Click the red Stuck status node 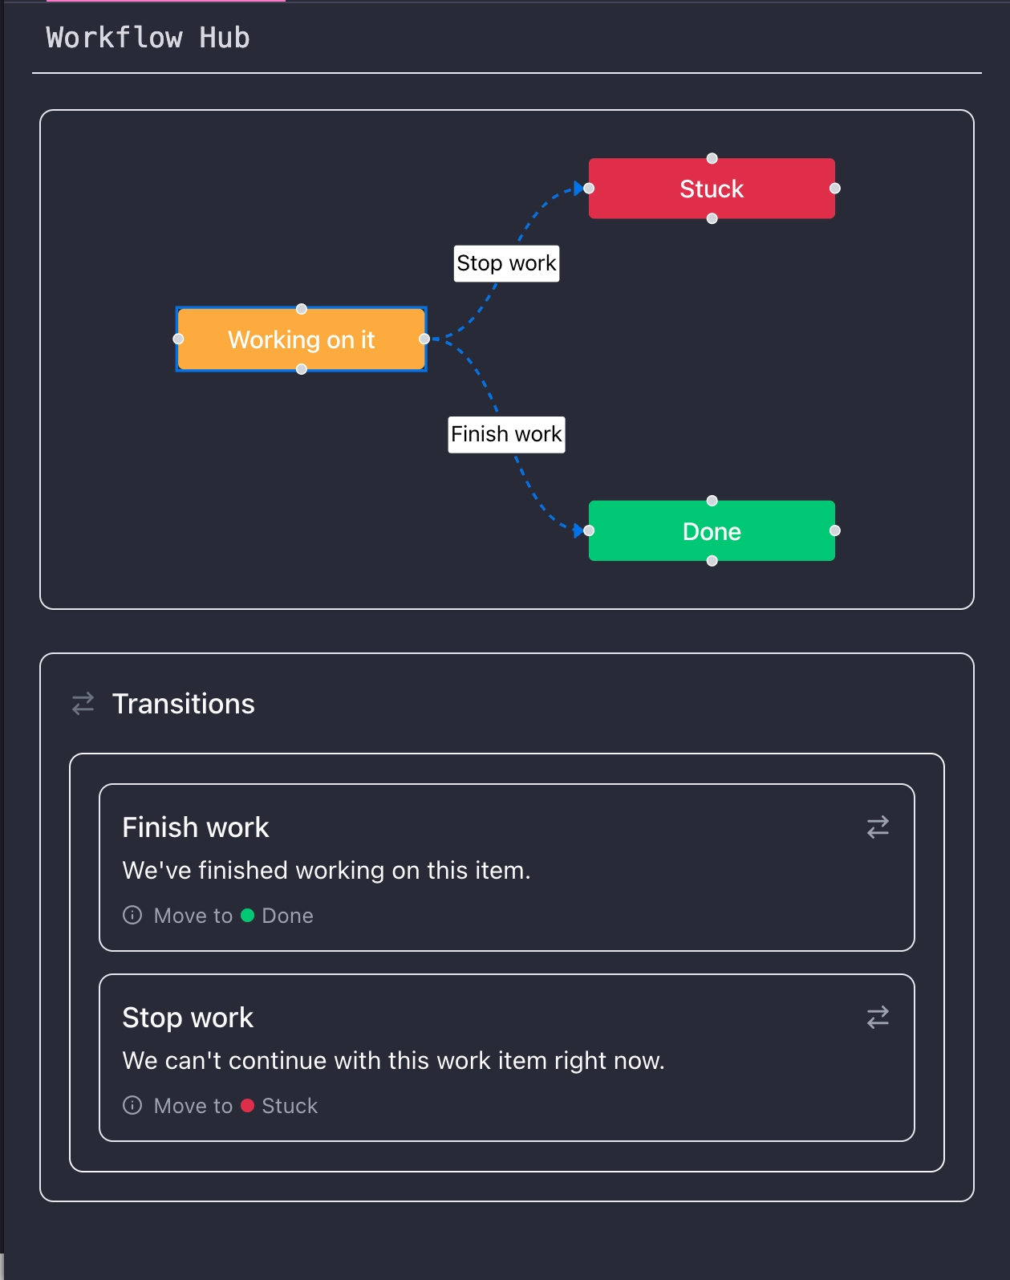tap(712, 189)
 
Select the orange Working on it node tap(301, 339)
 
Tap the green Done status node tap(712, 531)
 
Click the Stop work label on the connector tap(506, 263)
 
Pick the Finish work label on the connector tap(506, 434)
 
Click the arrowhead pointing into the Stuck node tap(578, 189)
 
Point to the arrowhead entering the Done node tap(578, 530)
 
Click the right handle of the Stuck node tap(835, 188)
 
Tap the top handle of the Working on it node tap(302, 309)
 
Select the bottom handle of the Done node tap(712, 561)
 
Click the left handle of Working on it tap(178, 339)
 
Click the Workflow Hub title tap(148, 38)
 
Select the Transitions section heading tap(184, 704)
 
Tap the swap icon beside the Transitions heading tap(83, 704)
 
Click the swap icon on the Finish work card tap(878, 827)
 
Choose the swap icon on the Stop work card tap(878, 1017)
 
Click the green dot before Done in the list tap(248, 916)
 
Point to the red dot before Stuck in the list tap(248, 1106)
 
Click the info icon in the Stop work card tap(132, 1106)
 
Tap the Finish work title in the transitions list tap(196, 827)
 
